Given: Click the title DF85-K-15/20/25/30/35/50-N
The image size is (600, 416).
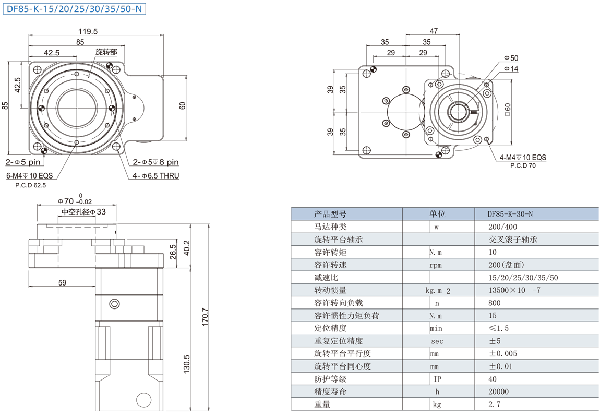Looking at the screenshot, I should point(74,9).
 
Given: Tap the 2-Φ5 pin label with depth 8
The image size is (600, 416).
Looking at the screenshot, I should point(155,162).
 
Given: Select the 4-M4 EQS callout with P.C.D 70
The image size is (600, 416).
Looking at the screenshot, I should point(522,158).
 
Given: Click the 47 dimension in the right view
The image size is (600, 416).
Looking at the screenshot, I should point(433,31).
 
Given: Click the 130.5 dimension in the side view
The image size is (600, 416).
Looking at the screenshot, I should point(187,365).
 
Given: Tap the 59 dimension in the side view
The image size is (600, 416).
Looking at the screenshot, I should point(62,283).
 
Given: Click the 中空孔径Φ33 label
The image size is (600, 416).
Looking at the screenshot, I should point(83,212).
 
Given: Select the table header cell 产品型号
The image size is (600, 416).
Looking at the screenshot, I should point(330,214).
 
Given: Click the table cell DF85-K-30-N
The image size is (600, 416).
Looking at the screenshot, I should point(510,214).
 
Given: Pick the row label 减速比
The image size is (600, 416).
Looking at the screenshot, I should point(326,278).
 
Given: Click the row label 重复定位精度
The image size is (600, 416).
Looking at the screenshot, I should point(338,341).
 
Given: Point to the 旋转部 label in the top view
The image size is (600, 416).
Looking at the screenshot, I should point(106,52).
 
